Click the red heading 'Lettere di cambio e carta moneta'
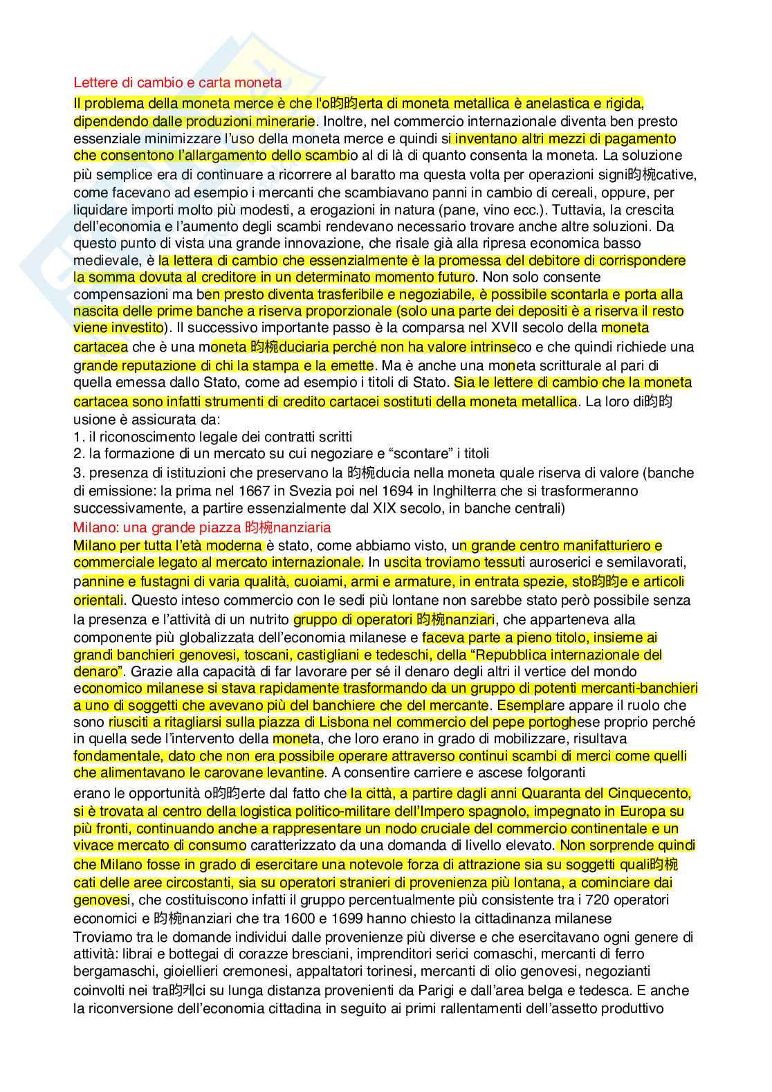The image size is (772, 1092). coord(177,83)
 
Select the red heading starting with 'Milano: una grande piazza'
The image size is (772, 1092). coord(202,527)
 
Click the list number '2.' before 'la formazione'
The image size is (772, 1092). coord(79,454)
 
